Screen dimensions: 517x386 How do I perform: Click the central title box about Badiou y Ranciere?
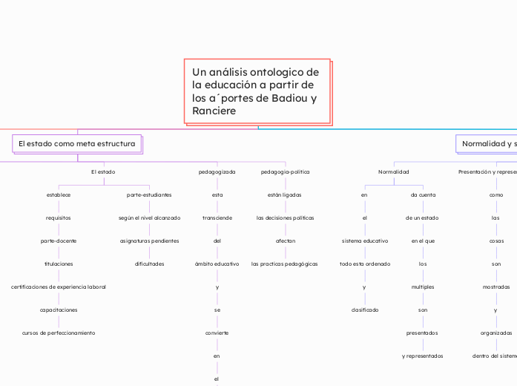pos(257,91)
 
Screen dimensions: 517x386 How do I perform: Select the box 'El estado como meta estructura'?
pos(77,143)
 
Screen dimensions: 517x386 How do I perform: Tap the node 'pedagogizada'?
pos(217,171)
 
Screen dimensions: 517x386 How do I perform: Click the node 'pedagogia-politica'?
pos(286,171)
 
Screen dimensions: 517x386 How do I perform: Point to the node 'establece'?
pos(59,194)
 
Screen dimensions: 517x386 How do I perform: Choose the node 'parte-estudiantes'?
pos(149,194)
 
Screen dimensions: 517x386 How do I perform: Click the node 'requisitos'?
pos(59,217)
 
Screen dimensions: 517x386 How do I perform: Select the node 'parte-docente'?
pos(59,241)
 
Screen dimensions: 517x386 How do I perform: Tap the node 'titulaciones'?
pos(59,264)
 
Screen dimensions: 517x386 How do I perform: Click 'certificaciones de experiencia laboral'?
pos(59,287)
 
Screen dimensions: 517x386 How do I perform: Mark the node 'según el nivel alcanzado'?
pos(149,217)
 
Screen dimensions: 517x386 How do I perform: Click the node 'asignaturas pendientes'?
pos(149,241)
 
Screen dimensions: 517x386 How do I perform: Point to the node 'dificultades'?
pos(149,264)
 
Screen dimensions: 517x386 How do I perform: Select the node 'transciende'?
pos(217,217)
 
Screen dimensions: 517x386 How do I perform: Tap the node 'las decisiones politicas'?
pos(286,217)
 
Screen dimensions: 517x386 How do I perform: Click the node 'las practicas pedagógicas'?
pos(286,264)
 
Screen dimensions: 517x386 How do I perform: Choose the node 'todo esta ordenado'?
pos(364,264)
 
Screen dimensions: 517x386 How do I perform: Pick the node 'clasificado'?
pos(364,310)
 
